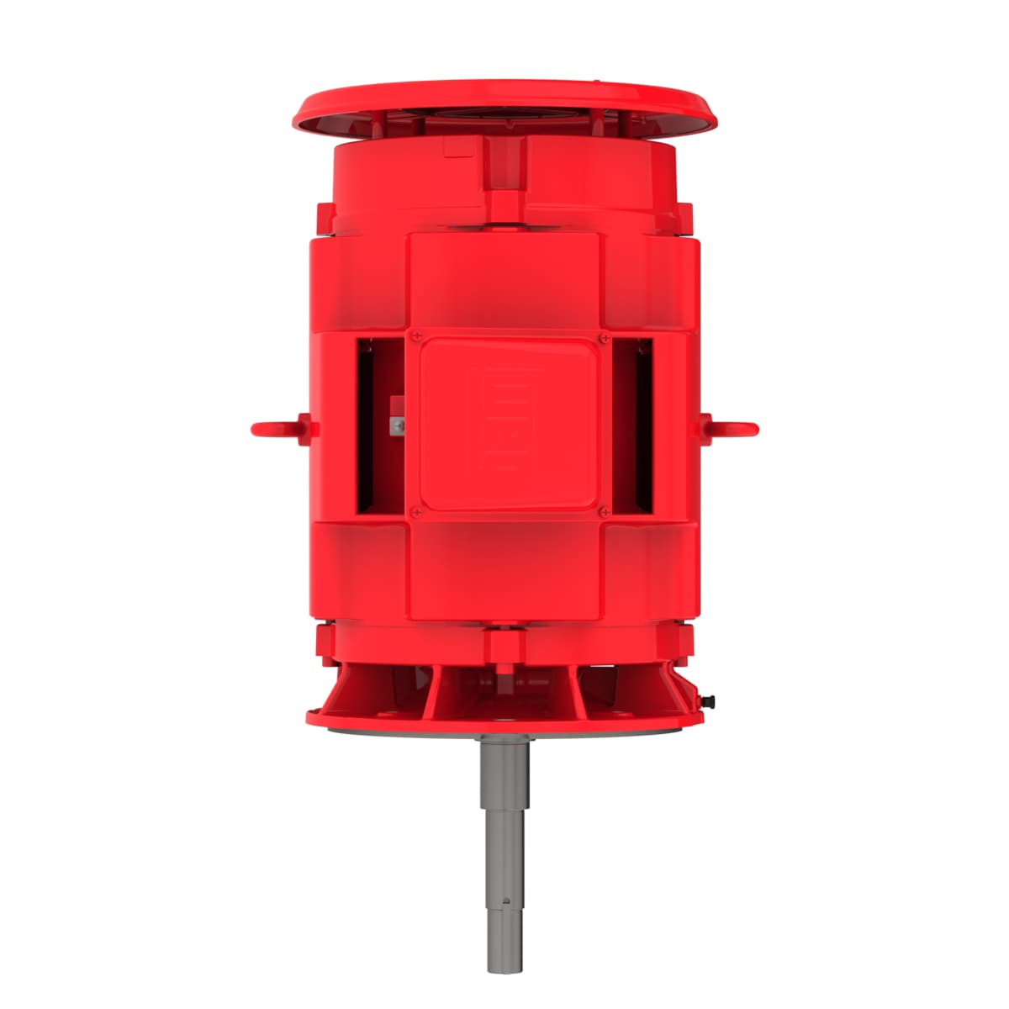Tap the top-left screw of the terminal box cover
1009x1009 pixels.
(x=415, y=336)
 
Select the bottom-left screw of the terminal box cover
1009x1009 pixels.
(x=415, y=511)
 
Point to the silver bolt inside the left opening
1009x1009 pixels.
(x=396, y=427)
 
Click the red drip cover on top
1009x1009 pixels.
(x=504, y=101)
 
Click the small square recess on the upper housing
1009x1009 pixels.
(x=459, y=149)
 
